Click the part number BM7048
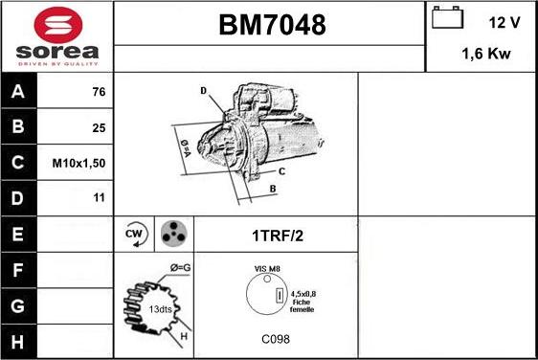tap(269, 26)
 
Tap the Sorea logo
tap(57, 36)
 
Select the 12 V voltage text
tap(504, 21)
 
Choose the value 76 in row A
tap(97, 92)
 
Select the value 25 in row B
tap(97, 127)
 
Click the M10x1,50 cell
tap(78, 163)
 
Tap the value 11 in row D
tap(97, 198)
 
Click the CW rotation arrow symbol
tap(134, 234)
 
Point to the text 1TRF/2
tap(276, 235)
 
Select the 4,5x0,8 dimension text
tap(303, 294)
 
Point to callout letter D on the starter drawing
tap(204, 91)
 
